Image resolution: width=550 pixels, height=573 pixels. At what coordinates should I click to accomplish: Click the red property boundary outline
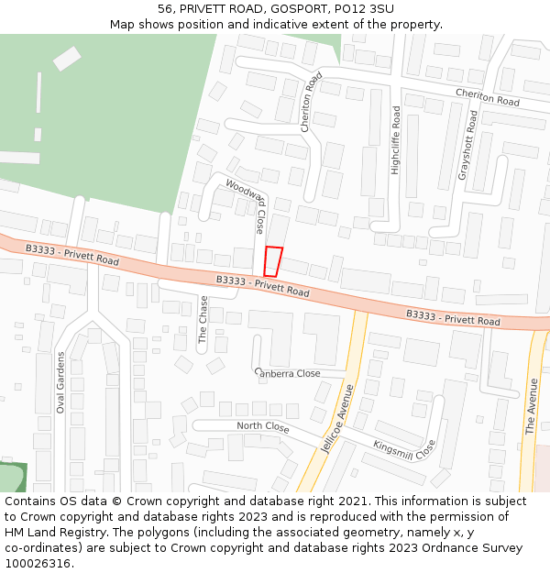click(272, 261)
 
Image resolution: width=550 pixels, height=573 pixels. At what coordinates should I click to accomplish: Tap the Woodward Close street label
click(247, 206)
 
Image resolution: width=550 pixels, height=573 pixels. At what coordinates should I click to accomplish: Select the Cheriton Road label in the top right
click(487, 98)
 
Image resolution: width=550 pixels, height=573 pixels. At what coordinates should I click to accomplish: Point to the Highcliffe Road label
click(396, 140)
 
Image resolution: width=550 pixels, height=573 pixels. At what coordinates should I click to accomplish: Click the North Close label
click(262, 427)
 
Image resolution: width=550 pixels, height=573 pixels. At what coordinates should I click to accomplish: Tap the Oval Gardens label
click(61, 382)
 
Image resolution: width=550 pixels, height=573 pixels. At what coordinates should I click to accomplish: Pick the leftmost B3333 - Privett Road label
click(71, 255)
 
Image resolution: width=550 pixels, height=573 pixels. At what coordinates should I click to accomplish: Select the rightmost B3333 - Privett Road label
click(453, 318)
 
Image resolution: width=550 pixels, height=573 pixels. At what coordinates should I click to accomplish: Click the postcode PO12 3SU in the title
click(365, 8)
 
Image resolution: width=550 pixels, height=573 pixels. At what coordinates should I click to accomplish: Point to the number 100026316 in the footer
click(38, 563)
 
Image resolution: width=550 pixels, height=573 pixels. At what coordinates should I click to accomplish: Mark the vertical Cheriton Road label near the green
click(312, 102)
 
